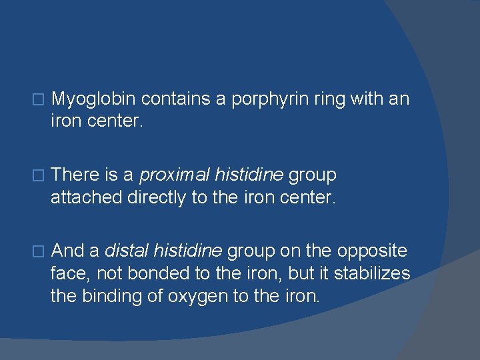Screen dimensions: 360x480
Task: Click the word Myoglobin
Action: pyautogui.click(x=93, y=99)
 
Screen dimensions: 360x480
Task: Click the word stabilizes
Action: pyautogui.click(x=372, y=274)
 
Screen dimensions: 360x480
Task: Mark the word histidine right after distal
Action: pyautogui.click(x=188, y=251)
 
